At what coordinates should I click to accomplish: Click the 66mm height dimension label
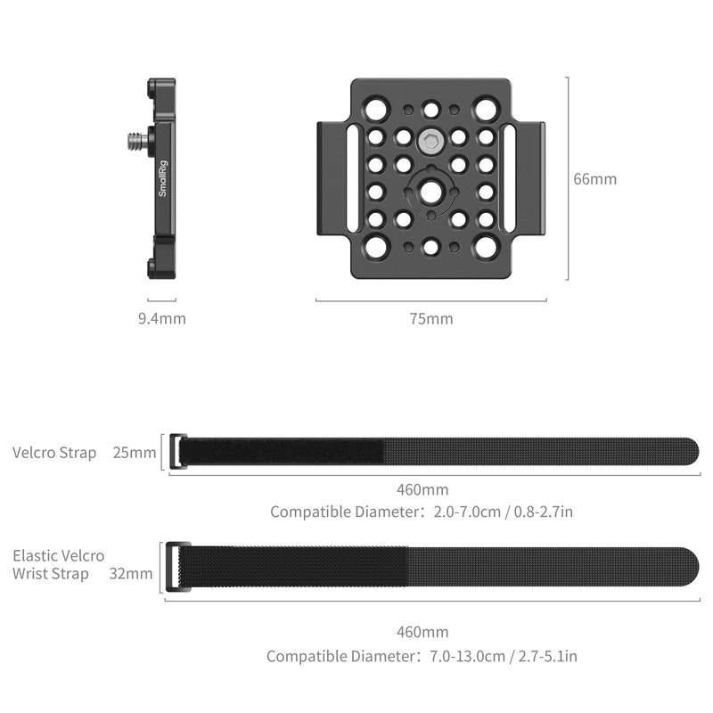pos(594,179)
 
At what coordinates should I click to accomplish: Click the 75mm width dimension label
pos(430,318)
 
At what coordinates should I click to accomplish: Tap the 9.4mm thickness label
pos(162,318)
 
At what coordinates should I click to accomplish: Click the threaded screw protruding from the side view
pos(133,139)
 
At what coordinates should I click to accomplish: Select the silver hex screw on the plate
pos(431,139)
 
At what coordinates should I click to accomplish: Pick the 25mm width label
pos(134,453)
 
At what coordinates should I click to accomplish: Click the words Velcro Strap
pos(54,453)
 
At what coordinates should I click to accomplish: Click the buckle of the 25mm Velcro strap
pos(176,452)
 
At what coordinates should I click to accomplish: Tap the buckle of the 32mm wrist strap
pos(176,568)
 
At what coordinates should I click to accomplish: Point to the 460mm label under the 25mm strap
pos(422,489)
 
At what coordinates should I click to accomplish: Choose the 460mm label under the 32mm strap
pos(422,633)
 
